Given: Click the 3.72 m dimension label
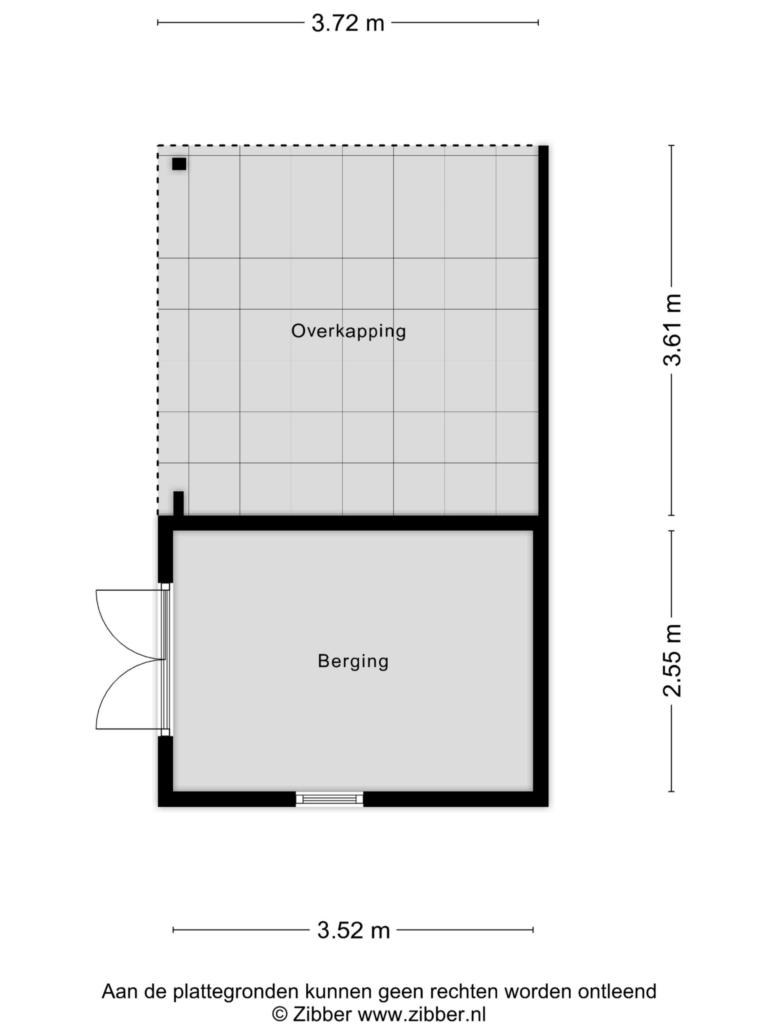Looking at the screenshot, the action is click(x=348, y=23).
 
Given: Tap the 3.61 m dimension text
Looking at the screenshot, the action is click(x=672, y=330).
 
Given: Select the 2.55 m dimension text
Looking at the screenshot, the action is click(x=672, y=661).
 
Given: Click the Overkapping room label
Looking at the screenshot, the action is click(x=348, y=331).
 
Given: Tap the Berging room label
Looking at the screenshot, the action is click(x=353, y=661).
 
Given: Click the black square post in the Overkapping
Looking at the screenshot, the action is click(x=179, y=164).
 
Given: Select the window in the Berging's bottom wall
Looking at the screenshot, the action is click(x=329, y=799).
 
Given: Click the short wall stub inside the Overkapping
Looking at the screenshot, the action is click(x=178, y=503).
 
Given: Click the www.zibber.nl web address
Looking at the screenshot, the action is click(x=422, y=1014).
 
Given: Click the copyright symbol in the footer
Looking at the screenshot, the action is click(x=280, y=1015).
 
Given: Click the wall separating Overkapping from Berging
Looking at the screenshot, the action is click(x=353, y=523).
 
